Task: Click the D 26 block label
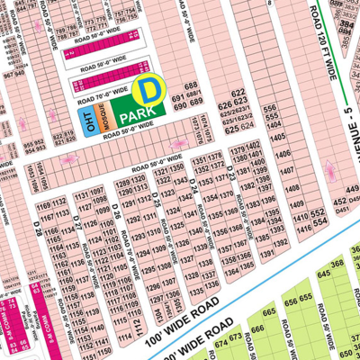[x=116, y=212]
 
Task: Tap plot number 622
[x=238, y=94]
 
